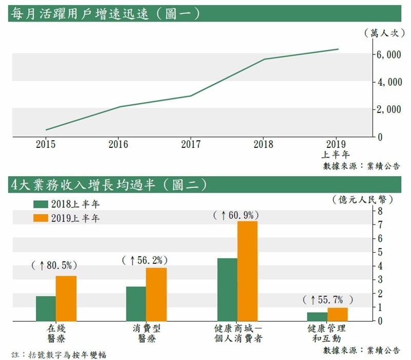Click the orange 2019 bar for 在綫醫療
66,298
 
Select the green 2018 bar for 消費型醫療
136,304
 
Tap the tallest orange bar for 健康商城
247,271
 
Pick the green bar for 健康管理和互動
317,316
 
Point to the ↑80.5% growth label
54,266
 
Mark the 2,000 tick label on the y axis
388,109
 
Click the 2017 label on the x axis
191,144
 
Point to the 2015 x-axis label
46,144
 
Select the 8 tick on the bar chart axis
380,211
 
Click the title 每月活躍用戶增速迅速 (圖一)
105,13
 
